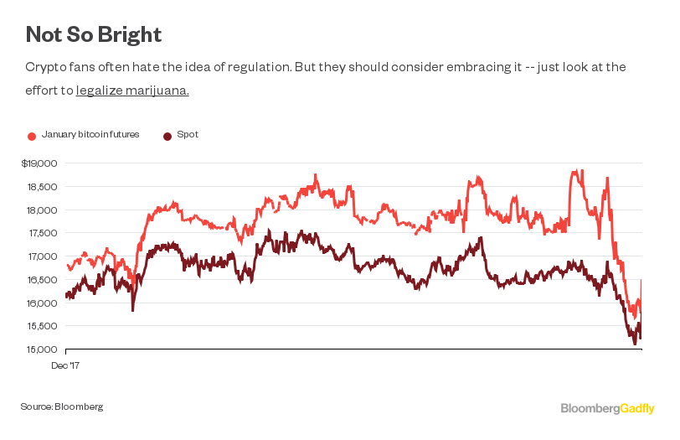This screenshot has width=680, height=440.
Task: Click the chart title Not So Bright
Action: pyautogui.click(x=93, y=34)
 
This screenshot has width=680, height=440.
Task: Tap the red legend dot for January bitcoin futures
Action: pyautogui.click(x=32, y=136)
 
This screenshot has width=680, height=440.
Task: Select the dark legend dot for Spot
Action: pyautogui.click(x=167, y=136)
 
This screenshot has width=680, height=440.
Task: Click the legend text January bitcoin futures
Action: pyautogui.click(x=90, y=135)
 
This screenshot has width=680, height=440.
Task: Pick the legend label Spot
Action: pyautogui.click(x=188, y=135)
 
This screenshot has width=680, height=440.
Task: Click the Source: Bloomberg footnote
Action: pyautogui.click(x=62, y=406)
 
